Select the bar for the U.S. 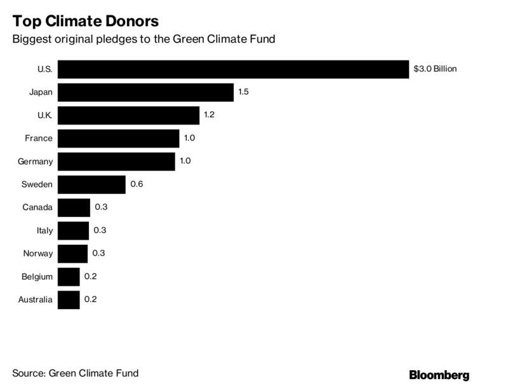point(233,69)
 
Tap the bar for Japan point(145,92)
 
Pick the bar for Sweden point(91,184)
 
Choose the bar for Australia point(69,300)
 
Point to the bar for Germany point(116,162)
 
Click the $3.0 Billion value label point(435,69)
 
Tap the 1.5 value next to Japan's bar point(243,92)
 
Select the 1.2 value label point(210,115)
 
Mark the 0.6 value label point(137,184)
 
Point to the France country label point(39,139)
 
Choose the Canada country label point(37,207)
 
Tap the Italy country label point(44,230)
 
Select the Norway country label point(37,254)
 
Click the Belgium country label point(37,277)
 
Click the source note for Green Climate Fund point(75,373)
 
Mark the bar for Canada point(74,207)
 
